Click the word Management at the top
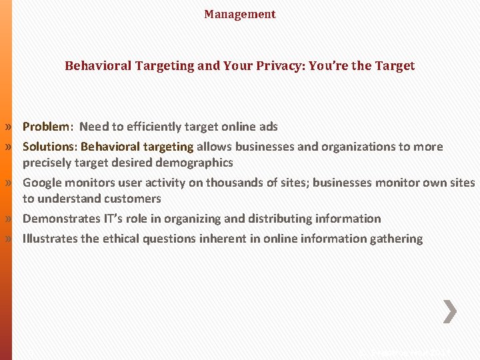[240, 14]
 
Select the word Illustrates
[50, 239]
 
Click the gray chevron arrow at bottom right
[450, 311]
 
